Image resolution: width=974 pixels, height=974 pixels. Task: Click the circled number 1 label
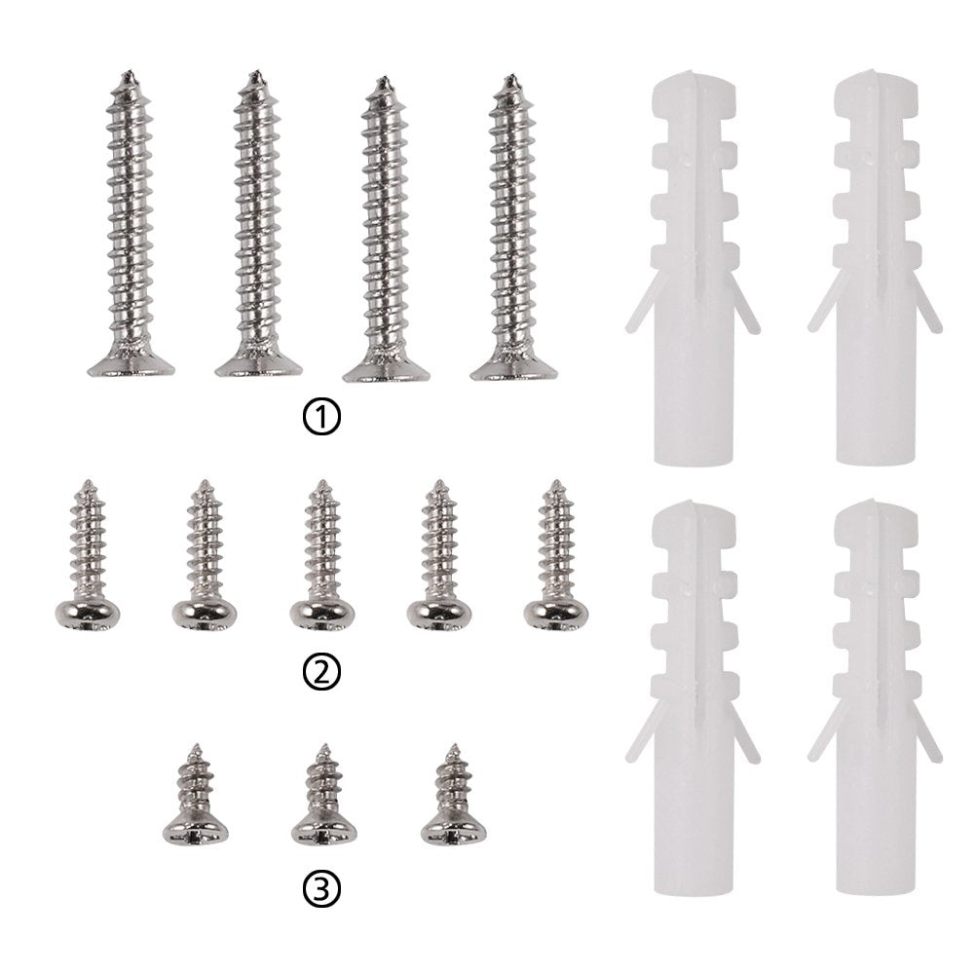click(321, 418)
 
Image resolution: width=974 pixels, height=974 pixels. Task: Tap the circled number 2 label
click(321, 671)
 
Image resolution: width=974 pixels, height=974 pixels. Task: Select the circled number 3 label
click(321, 889)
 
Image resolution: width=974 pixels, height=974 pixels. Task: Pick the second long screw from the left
click(258, 224)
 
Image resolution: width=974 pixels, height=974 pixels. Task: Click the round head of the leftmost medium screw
click(88, 614)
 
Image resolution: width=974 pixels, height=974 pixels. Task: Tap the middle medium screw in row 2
click(321, 555)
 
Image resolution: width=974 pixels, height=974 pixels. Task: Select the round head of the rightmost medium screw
click(556, 614)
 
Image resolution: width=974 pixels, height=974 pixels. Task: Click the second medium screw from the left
click(205, 555)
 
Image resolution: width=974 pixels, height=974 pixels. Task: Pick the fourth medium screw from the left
click(439, 555)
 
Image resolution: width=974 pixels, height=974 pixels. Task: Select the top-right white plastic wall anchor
click(876, 267)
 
